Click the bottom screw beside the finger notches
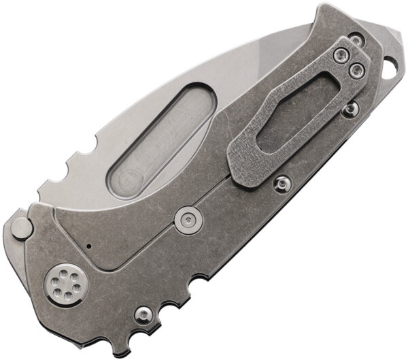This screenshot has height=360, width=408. point(143,314)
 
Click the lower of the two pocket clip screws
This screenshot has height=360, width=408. point(354,69)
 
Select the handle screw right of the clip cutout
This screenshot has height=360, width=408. point(350,109)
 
